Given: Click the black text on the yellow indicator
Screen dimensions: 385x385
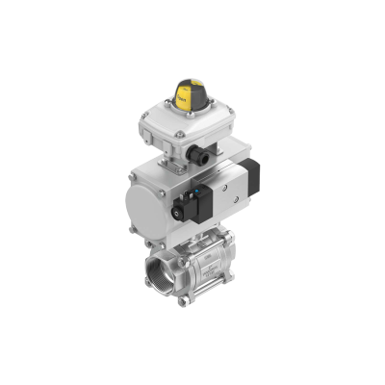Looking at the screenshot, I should (x=183, y=97).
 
